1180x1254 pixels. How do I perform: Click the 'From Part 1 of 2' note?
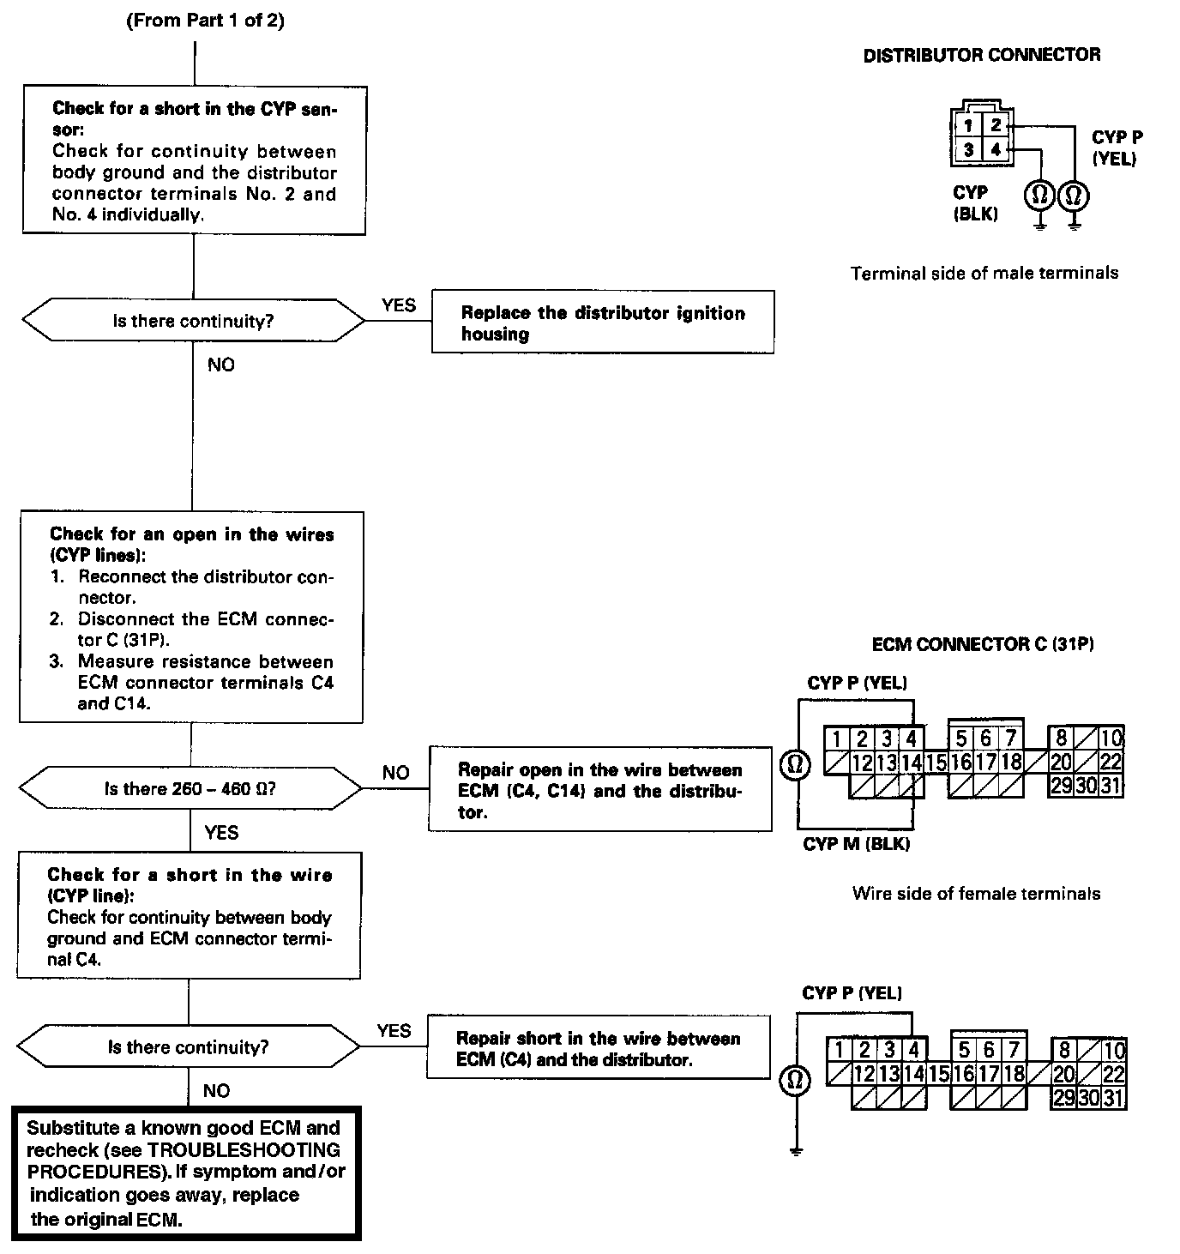click(206, 21)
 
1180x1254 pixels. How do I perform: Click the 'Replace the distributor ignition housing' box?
click(602, 323)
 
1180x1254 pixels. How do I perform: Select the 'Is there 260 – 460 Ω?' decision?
click(190, 788)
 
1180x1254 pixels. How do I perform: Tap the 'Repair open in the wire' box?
click(599, 790)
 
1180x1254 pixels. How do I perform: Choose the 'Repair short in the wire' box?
click(598, 1048)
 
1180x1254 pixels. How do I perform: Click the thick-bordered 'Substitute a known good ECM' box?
click(186, 1173)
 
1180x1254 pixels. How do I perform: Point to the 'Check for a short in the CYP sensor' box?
click(194, 160)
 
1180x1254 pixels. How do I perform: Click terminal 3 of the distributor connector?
click(968, 150)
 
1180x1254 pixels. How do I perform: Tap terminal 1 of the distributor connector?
click(968, 125)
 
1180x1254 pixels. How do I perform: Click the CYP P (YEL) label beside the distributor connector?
click(1116, 148)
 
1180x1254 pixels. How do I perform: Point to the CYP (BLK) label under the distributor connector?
click(973, 203)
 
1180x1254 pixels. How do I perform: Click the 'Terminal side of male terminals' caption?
click(984, 274)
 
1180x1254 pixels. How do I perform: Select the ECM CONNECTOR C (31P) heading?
click(983, 644)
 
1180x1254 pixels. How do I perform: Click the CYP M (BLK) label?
click(856, 844)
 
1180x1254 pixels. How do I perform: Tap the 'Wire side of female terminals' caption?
click(976, 894)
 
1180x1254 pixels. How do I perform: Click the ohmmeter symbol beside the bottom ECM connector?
click(794, 1080)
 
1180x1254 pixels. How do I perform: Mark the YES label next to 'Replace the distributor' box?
click(399, 305)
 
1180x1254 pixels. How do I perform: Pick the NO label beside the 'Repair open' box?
click(395, 773)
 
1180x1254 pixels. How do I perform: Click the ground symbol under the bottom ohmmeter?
click(796, 1150)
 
